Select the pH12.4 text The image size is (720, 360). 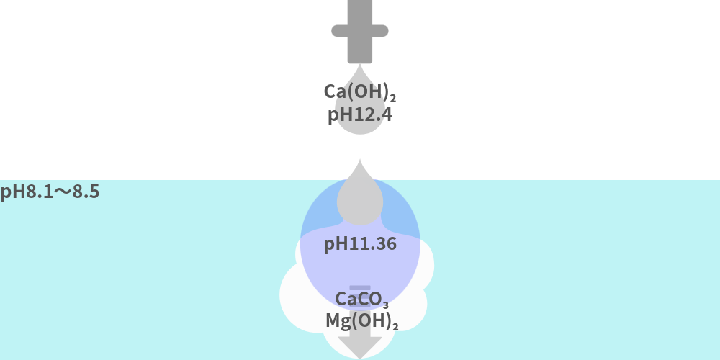point(360,115)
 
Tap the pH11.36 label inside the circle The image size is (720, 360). point(360,244)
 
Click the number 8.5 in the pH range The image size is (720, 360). point(85,192)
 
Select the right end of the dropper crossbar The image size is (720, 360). point(383,31)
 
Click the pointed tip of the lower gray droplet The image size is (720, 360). point(360,161)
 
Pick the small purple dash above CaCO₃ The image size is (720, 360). point(360,287)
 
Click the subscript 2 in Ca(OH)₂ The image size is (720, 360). point(394,96)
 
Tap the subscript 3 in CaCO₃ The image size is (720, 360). point(386,304)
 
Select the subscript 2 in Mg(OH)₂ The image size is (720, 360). point(395,326)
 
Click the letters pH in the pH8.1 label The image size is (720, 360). point(11,192)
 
